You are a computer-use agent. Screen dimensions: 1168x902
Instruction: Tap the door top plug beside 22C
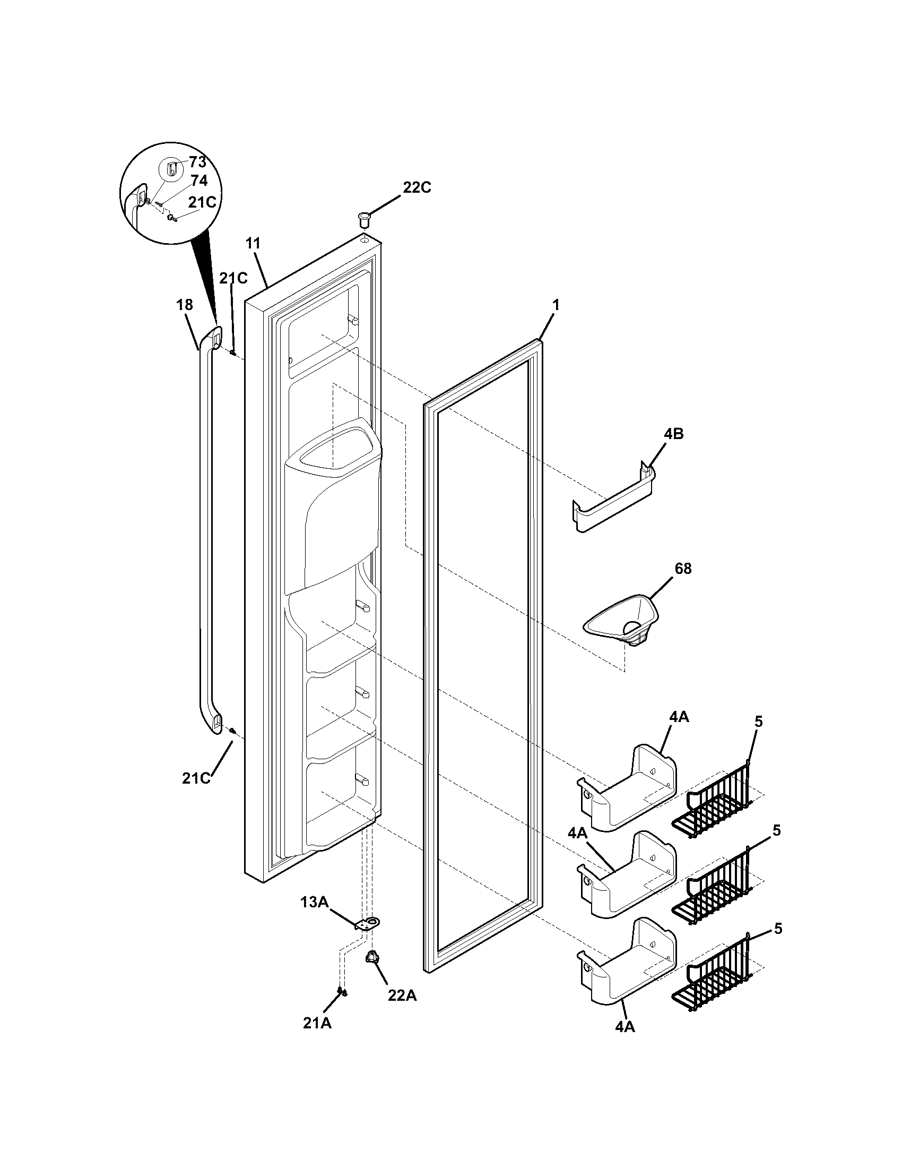pyautogui.click(x=365, y=219)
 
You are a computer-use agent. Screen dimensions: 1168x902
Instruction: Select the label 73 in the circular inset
pyautogui.click(x=197, y=162)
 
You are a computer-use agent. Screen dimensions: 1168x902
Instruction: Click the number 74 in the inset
pyautogui.click(x=198, y=181)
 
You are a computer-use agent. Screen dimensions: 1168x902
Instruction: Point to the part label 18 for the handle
pyautogui.click(x=184, y=305)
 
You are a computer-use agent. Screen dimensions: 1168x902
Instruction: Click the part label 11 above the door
pyautogui.click(x=253, y=244)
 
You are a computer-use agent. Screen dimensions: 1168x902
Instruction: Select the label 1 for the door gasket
pyautogui.click(x=556, y=305)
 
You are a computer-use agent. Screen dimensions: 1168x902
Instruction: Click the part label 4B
pyautogui.click(x=673, y=434)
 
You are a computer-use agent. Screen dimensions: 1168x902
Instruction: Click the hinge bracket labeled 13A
pyautogui.click(x=367, y=924)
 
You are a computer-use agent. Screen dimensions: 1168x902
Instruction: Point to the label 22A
pyautogui.click(x=402, y=996)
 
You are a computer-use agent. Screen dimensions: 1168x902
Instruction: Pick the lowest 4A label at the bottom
pyautogui.click(x=624, y=1027)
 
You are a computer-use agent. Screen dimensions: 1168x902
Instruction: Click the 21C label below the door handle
pyautogui.click(x=196, y=779)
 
